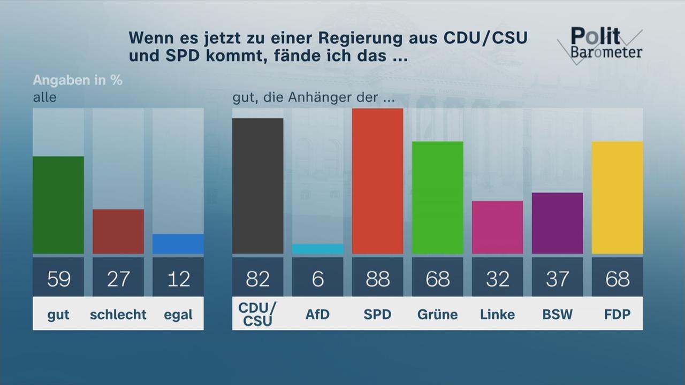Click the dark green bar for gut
click(x=58, y=205)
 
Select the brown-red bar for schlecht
click(x=118, y=231)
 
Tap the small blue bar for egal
click(x=178, y=244)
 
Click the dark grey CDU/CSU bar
click(x=257, y=186)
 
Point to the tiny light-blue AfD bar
click(x=317, y=249)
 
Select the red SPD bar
click(x=377, y=181)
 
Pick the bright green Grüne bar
click(x=437, y=197)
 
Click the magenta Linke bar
click(x=497, y=227)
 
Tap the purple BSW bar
click(x=557, y=223)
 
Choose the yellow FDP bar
click(x=617, y=197)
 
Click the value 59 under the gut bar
click(x=58, y=278)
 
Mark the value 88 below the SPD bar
click(x=377, y=278)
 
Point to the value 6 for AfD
click(x=317, y=278)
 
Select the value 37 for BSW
click(x=557, y=278)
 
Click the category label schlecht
click(x=118, y=315)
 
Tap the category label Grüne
click(x=437, y=315)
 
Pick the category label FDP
click(x=617, y=315)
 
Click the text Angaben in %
click(x=78, y=80)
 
